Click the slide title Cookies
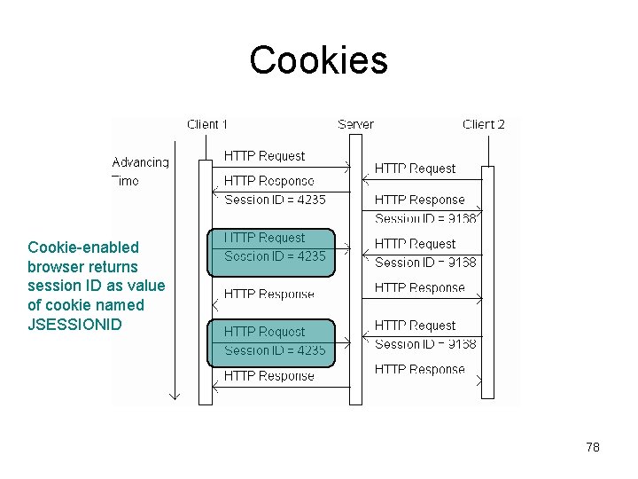tap(318, 60)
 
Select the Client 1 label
tap(207, 124)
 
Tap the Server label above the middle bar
tap(355, 124)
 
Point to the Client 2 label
tap(484, 124)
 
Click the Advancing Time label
tap(140, 171)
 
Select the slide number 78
tap(593, 447)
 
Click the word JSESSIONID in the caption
tap(74, 325)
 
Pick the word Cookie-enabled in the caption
tap(83, 247)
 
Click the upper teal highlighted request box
tap(271, 251)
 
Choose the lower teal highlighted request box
tap(271, 342)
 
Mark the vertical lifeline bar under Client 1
tap(206, 284)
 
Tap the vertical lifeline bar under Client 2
tap(486, 284)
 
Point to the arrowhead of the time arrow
tap(175, 395)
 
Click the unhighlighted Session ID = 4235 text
tap(275, 200)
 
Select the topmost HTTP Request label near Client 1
tap(264, 156)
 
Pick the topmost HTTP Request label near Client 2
tap(415, 169)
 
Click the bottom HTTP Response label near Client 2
tap(419, 369)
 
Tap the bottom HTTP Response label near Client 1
tap(268, 376)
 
